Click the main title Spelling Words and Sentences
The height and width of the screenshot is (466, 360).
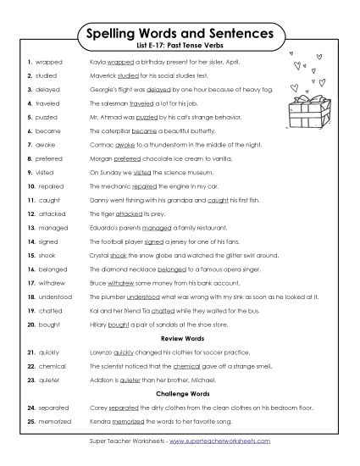click(180, 34)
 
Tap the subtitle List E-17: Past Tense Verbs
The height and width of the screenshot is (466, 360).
click(180, 48)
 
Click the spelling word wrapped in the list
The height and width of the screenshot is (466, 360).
click(48, 63)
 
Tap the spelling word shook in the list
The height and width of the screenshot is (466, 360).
click(46, 253)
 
